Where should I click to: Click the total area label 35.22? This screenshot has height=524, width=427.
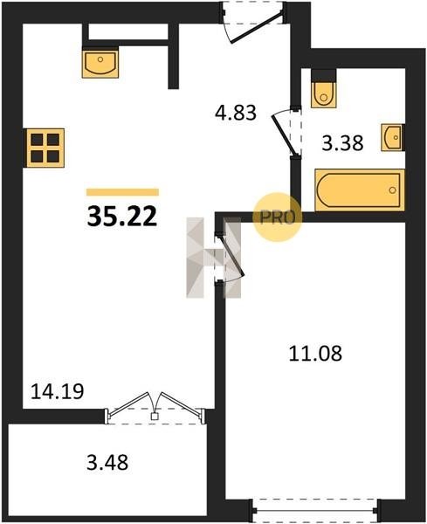[x=122, y=216]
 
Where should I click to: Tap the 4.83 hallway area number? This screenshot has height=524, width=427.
[x=236, y=113]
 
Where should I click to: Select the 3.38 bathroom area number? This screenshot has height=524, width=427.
[x=342, y=143]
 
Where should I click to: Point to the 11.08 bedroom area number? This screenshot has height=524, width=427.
[x=315, y=353]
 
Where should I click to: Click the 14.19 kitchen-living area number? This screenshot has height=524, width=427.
[x=57, y=391]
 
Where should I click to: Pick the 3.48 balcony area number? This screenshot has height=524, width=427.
[x=107, y=463]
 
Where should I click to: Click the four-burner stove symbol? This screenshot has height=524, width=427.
[x=45, y=148]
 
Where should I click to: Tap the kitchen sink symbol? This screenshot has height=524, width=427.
[x=100, y=63]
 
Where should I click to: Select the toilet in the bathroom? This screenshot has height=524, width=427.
[x=323, y=95]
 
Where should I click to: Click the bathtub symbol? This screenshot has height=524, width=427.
[x=360, y=190]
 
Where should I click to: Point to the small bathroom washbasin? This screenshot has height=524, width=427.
[x=393, y=137]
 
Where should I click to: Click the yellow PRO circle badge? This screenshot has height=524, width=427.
[x=278, y=217]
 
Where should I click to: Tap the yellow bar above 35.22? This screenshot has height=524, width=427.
[x=122, y=192]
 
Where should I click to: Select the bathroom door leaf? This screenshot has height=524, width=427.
[x=284, y=135]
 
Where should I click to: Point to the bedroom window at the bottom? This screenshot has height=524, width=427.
[x=315, y=510]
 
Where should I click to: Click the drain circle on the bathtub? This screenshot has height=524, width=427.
[x=392, y=190]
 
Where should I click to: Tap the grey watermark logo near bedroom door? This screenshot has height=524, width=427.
[x=213, y=258]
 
